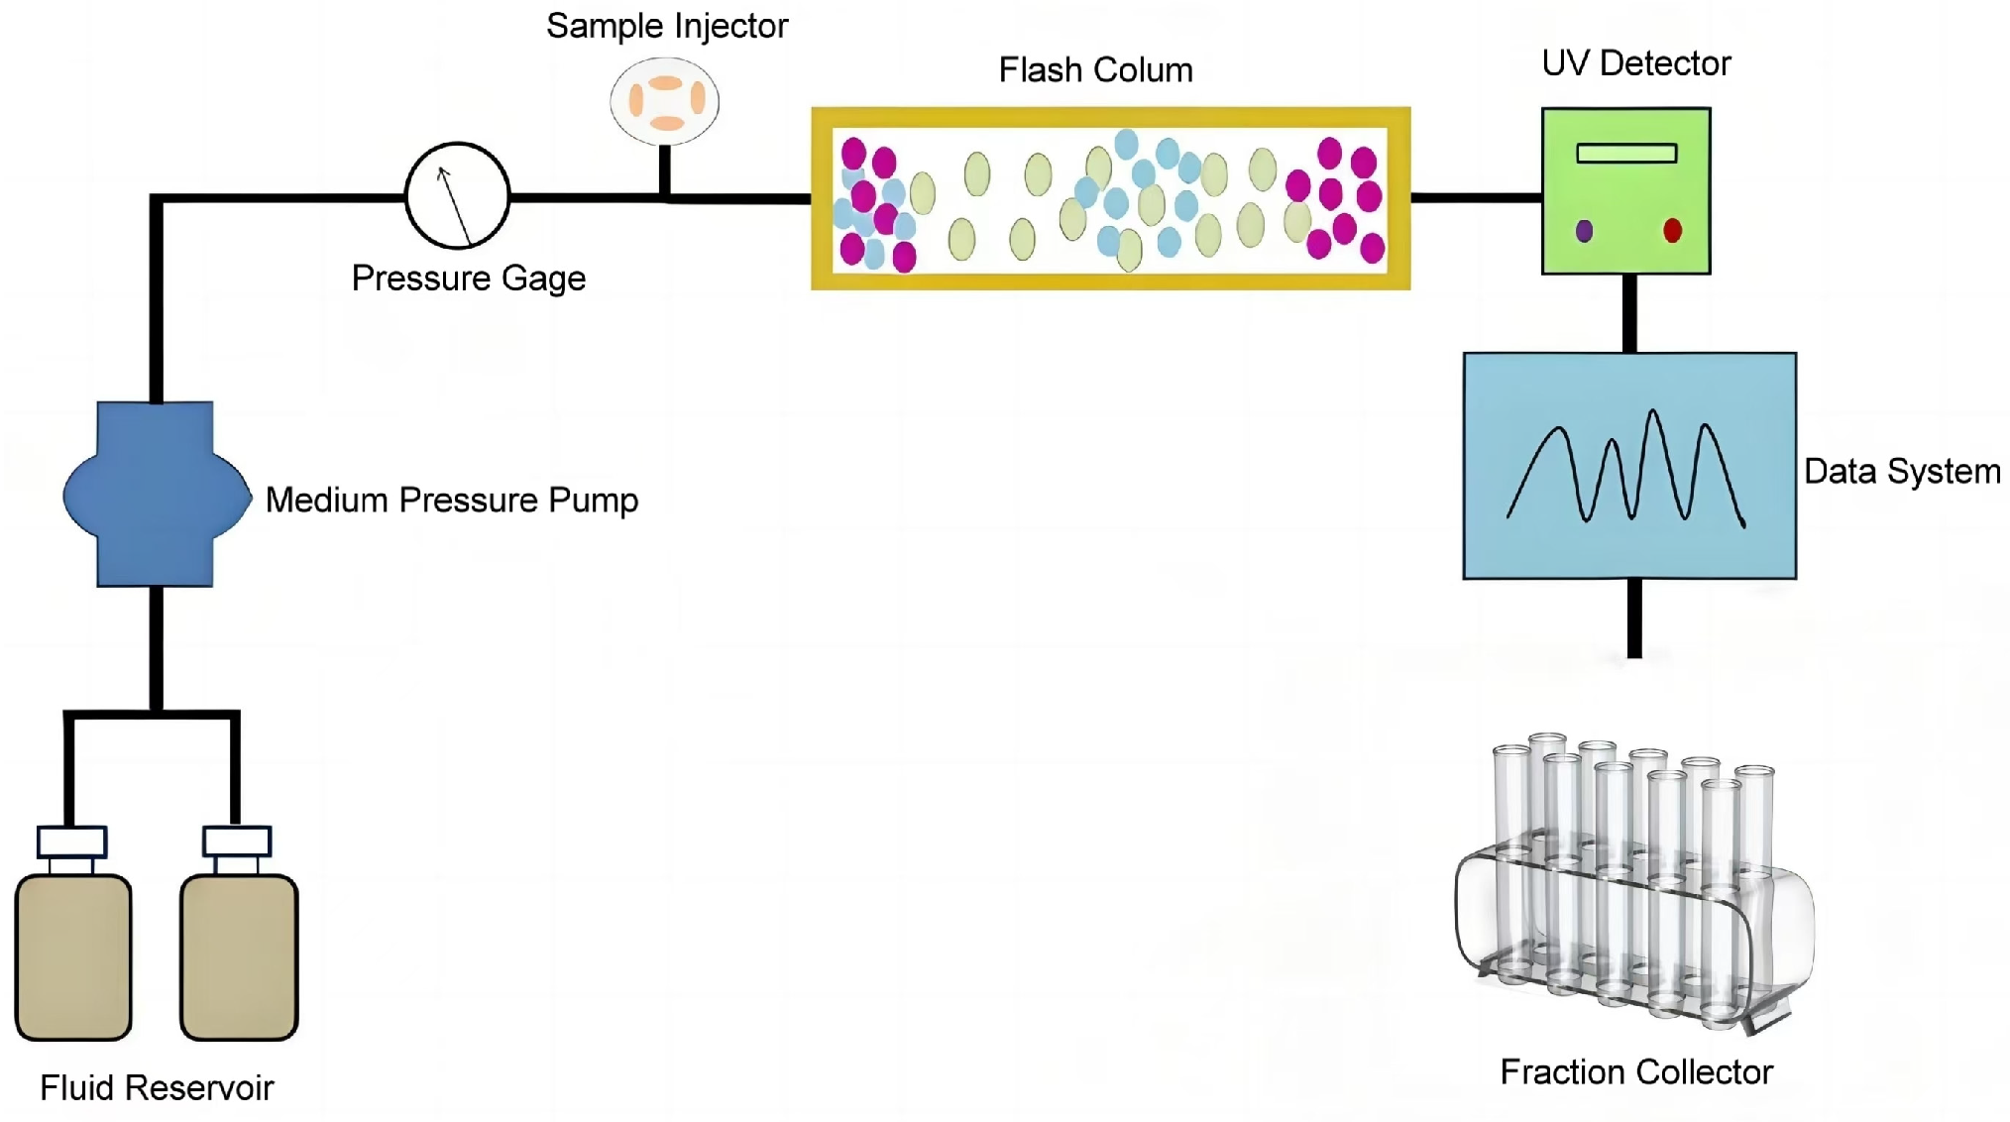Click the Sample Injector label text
(666, 27)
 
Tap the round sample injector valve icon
(664, 101)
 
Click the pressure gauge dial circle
(457, 195)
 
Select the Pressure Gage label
(468, 279)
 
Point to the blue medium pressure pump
(156, 494)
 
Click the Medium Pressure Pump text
(452, 500)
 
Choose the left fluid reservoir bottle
(73, 956)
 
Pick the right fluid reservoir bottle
(239, 956)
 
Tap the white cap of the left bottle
(71, 841)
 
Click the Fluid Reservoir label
(157, 1088)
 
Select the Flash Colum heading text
(1095, 70)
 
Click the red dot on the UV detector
(1672, 231)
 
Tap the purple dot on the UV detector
(1584, 231)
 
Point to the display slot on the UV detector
(1626, 153)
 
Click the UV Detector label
(1635, 63)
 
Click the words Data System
(1901, 472)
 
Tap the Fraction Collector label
(1635, 1072)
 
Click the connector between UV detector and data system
(1629, 313)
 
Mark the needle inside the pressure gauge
(455, 206)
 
